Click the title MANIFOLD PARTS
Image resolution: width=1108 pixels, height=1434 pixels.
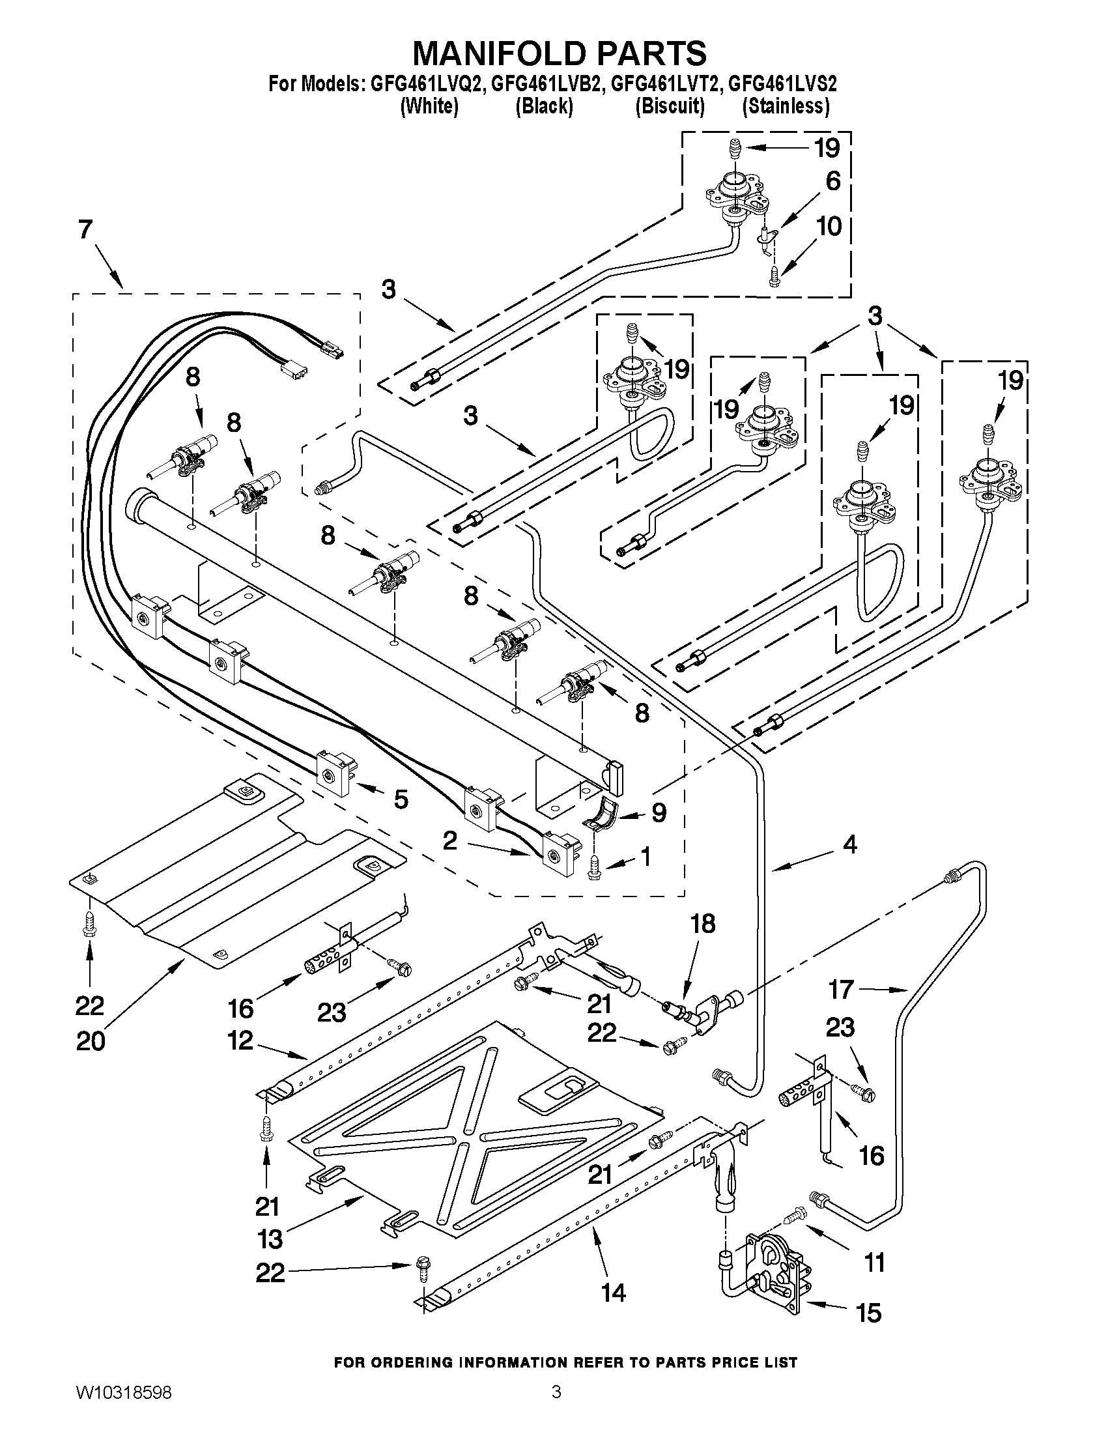pos(560,53)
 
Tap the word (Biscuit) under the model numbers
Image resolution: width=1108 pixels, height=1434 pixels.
pos(670,106)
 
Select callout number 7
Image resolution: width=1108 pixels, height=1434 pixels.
pos(86,231)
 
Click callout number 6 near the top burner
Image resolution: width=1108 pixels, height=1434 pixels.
pos(832,180)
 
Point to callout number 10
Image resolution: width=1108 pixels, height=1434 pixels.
pos(829,227)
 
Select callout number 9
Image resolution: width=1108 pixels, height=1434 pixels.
pos(659,813)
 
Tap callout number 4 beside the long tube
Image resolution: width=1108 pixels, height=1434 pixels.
pos(849,844)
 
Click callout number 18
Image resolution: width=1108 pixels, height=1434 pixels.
pos(703,924)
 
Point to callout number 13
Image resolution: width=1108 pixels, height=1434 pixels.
pos(270,1239)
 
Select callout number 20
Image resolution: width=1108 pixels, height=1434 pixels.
pos(90,1041)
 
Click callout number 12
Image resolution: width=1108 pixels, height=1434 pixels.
pos(241,1040)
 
